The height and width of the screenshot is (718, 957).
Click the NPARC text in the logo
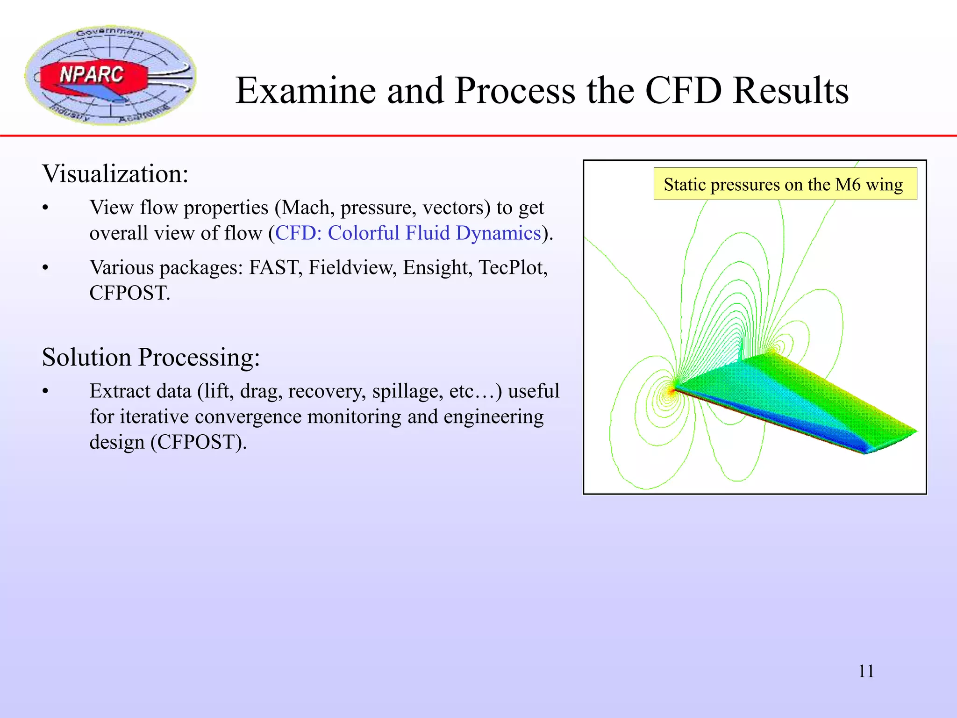point(92,75)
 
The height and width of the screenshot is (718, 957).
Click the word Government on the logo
point(110,32)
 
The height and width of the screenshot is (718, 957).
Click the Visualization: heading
point(115,174)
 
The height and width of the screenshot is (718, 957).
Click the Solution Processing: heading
point(150,358)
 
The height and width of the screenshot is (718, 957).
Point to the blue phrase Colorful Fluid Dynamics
point(434,233)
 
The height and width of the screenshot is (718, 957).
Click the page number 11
point(866,671)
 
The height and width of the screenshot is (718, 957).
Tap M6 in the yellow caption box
point(848,184)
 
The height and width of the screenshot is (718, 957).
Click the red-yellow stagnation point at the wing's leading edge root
point(672,391)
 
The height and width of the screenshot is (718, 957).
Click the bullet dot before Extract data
point(45,392)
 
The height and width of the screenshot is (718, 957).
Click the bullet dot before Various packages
point(45,268)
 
